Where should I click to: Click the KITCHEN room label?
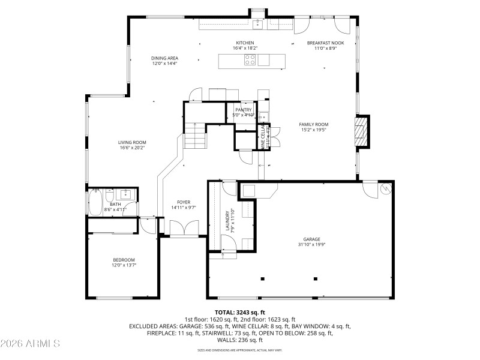tap(245, 43)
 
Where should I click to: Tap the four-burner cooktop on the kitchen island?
tap(250, 59)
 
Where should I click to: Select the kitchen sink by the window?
tap(257, 25)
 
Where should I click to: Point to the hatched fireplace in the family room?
tap(361, 131)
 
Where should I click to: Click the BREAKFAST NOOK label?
tap(326, 43)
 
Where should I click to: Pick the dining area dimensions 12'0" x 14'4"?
tap(164, 63)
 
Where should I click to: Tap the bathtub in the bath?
tap(94, 202)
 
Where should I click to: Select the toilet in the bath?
tap(110, 196)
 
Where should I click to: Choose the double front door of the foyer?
tap(182, 229)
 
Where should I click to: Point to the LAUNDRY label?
tap(227, 220)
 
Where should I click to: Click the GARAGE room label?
tap(311, 238)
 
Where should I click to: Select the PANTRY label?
tap(244, 110)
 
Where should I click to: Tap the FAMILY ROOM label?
tap(314, 124)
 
